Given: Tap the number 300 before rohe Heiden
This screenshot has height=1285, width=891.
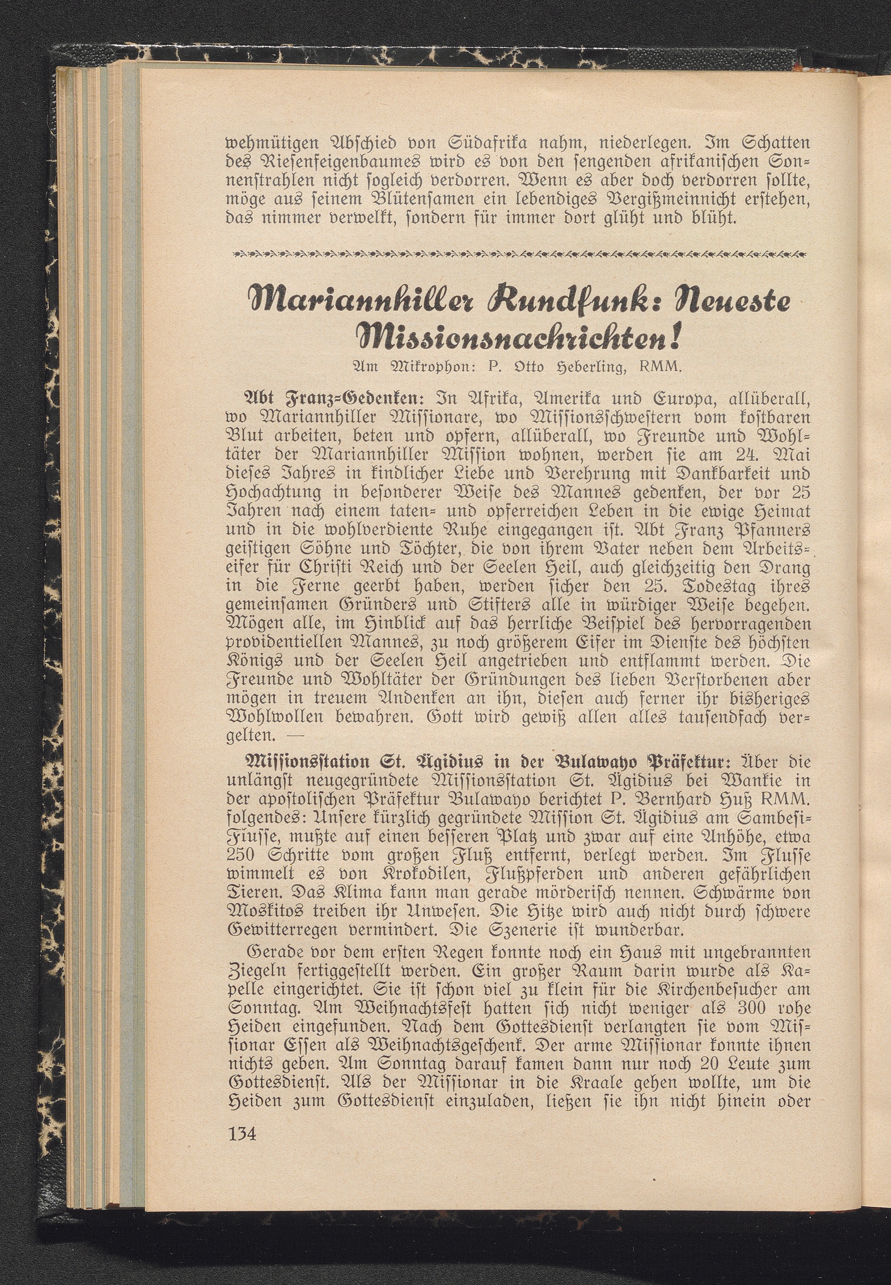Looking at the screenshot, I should [725, 1009].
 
